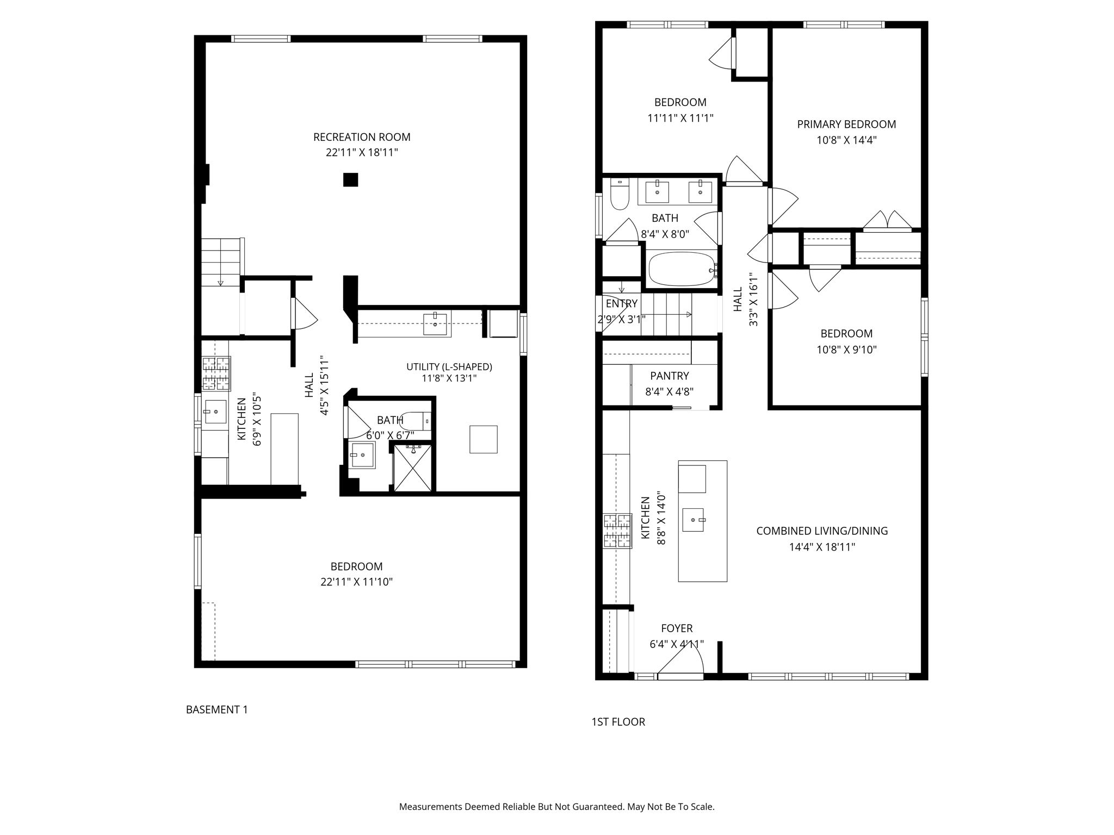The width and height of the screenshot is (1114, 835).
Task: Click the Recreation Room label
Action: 362,137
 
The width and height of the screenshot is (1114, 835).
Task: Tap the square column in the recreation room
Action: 351,179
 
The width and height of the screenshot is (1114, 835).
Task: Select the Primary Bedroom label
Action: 846,124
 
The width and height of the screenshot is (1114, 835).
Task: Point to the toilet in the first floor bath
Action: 620,194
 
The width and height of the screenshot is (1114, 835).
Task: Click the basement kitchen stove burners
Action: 216,373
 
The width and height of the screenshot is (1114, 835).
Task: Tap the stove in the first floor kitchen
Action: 617,531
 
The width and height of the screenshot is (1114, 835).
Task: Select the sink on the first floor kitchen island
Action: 694,520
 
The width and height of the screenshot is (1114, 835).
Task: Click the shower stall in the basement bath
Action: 412,468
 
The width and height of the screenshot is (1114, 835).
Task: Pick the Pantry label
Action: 669,376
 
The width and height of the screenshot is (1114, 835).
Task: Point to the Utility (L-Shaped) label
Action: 449,367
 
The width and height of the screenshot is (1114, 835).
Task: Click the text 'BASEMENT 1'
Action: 216,709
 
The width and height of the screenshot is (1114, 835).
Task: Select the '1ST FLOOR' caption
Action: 618,722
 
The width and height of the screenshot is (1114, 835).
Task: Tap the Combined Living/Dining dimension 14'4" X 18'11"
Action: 822,547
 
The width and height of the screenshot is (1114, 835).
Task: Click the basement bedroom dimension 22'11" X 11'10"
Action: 356,582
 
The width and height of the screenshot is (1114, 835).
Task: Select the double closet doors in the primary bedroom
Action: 888,220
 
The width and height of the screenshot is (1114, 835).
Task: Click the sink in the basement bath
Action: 362,455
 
